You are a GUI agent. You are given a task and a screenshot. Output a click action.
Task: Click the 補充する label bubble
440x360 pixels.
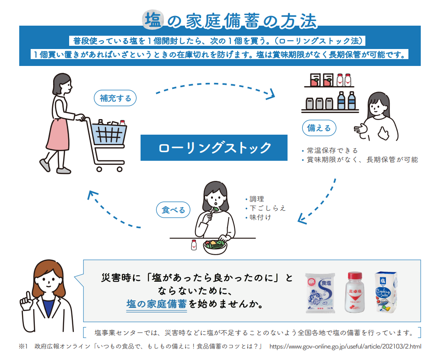tap(115, 98)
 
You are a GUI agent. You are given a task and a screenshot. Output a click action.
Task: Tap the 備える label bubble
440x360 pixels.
tap(319, 128)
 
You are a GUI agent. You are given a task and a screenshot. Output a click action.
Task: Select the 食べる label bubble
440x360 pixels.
tap(173, 210)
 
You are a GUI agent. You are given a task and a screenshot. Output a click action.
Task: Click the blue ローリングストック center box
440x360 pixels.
tap(214, 147)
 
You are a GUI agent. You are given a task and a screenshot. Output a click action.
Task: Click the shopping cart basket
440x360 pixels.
tap(109, 134)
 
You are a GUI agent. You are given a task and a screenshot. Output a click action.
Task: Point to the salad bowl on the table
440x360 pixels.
tap(215, 247)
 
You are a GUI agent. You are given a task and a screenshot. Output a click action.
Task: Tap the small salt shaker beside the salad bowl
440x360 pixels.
tap(194, 245)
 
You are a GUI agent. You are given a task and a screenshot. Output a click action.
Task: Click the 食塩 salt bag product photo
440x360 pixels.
tap(320, 293)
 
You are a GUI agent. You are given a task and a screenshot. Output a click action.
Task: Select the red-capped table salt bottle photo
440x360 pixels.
tap(355, 292)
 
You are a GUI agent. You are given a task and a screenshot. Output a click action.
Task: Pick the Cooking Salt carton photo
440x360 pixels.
tap(386, 292)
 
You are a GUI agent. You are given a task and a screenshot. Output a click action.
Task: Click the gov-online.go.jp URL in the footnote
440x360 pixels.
tap(345, 347)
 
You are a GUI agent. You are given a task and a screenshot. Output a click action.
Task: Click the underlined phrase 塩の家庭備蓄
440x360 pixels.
tap(156, 304)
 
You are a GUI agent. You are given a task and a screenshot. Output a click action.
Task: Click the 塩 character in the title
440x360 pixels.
tap(153, 20)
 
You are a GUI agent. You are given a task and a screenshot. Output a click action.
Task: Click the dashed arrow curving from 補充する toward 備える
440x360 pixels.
tap(215, 84)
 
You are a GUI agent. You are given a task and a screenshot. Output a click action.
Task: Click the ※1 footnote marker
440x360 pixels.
tap(23, 347)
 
